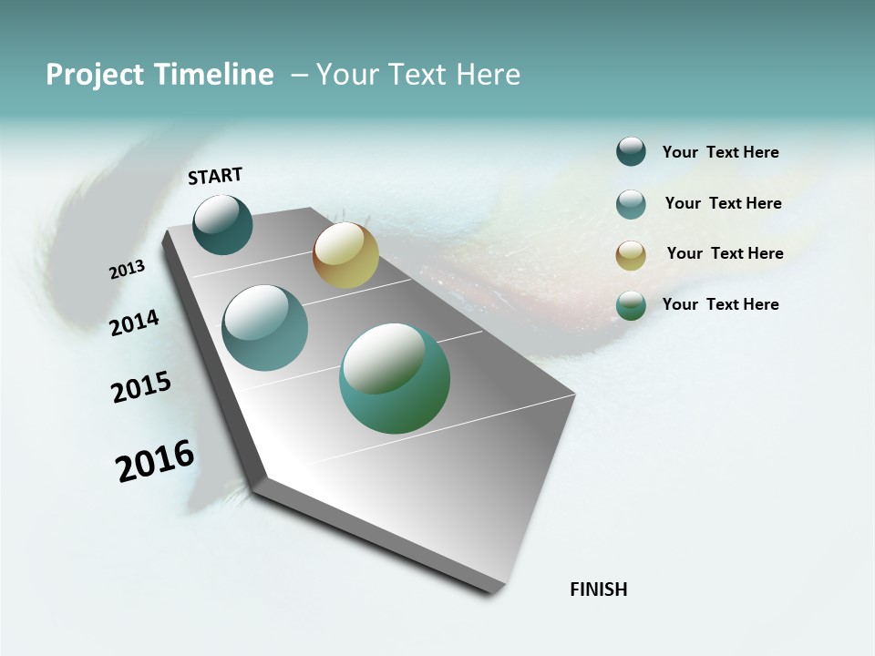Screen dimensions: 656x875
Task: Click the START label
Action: [215, 176]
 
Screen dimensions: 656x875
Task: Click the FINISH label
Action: [598, 589]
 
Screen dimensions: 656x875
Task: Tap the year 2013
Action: [127, 270]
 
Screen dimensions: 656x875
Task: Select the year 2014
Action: [134, 323]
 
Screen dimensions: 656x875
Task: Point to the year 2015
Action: [140, 387]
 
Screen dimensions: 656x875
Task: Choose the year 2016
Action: [155, 461]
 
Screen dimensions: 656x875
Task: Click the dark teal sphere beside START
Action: [222, 225]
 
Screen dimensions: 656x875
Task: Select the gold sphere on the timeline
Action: [345, 255]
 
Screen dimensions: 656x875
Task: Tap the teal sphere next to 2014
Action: [264, 328]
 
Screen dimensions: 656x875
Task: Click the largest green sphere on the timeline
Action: [395, 378]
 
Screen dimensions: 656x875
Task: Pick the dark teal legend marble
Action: [631, 152]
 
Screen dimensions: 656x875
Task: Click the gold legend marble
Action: [631, 255]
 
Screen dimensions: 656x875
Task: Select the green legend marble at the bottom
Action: [631, 305]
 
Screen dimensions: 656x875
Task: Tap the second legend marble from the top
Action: [631, 204]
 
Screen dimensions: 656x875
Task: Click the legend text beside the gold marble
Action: [725, 253]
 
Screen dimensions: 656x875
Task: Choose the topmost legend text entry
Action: [720, 152]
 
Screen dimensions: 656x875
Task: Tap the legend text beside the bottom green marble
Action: [720, 304]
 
